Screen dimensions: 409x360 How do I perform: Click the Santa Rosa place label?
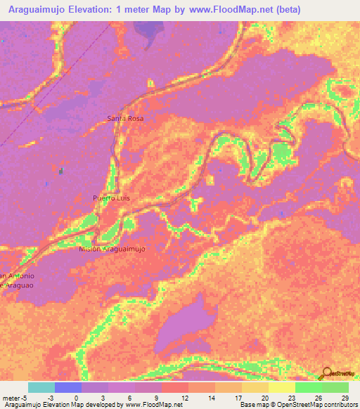125,119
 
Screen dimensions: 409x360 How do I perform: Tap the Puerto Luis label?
111,198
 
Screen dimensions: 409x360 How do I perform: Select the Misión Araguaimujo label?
112,249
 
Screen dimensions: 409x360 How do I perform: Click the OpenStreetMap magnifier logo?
327,374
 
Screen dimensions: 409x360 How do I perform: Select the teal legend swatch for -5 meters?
41,387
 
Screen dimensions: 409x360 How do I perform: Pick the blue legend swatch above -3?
67,387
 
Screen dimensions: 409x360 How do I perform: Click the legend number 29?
345,397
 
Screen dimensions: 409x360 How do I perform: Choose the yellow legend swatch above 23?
282,387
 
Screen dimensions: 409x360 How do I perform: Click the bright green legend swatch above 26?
309,387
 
